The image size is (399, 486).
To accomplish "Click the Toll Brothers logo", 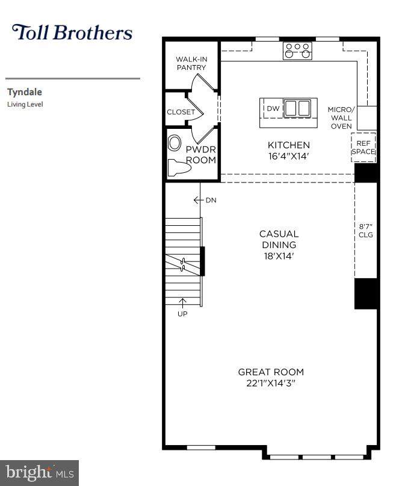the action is tap(72, 33).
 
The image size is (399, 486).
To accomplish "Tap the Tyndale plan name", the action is tap(25, 92).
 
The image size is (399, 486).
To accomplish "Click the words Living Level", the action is tap(25, 104).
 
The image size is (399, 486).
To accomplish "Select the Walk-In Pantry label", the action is tap(191, 63).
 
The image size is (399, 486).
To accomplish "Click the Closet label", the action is tap(181, 112).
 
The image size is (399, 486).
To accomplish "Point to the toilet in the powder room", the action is tap(179, 168).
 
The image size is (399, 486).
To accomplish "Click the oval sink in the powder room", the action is tap(175, 143).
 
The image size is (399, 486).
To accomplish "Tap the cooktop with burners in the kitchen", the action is tap(297, 51).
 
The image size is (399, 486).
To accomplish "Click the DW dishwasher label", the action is tap(273, 108).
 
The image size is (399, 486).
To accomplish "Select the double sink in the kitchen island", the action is tap(297, 108).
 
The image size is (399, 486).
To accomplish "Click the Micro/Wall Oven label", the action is tap(341, 118).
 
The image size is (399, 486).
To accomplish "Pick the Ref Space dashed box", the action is tap(363, 148).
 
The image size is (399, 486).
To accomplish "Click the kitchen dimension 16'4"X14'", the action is tap(289, 156).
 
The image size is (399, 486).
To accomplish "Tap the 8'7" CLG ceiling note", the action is tap(365, 231).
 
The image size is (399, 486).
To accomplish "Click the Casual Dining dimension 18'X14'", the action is tap(279, 256).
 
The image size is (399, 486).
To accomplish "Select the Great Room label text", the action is tap(271, 372).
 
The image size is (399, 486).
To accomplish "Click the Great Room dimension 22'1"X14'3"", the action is tap(270, 383).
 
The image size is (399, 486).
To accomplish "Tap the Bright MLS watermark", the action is tap(39, 473).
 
